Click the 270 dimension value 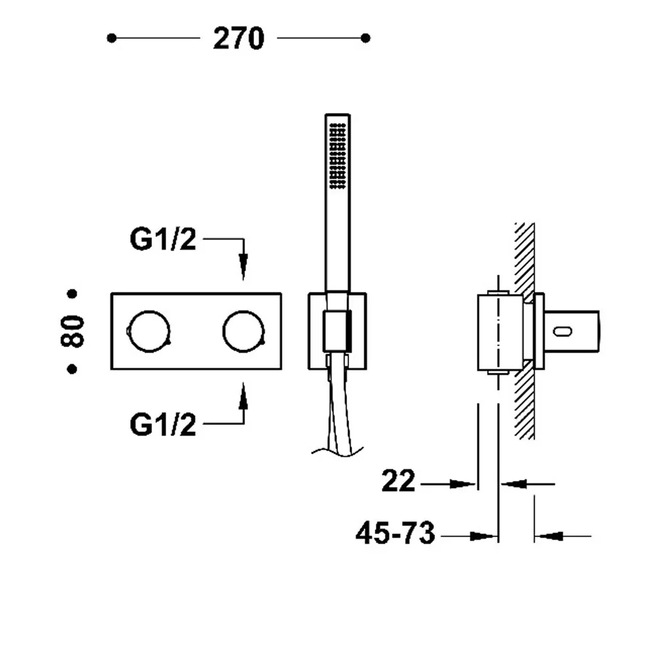239,38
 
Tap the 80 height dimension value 73,331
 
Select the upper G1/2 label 163,239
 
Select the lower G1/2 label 163,425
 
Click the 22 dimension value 398,481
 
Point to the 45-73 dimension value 395,533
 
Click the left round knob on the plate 149,331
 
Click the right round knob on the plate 243,331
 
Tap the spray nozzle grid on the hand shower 337,156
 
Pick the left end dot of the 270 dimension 112,38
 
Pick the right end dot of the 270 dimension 365,38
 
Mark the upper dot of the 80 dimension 72,294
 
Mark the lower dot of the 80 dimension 72,369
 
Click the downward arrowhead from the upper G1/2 243,266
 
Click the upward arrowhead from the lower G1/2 243,395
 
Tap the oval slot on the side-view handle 562,332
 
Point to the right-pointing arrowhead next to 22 463,484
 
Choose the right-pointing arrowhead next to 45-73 483,536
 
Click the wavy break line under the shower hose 337,452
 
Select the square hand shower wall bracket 337,331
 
